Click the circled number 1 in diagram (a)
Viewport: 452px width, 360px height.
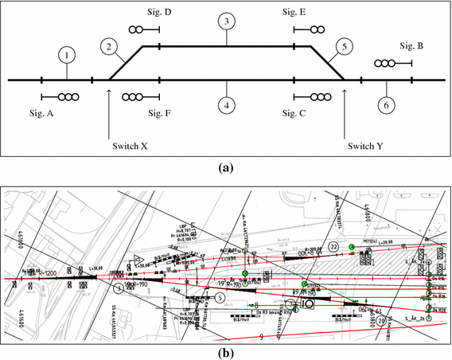(x=68, y=55)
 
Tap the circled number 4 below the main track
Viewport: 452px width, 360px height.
(x=227, y=104)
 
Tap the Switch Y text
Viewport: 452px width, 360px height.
(x=364, y=146)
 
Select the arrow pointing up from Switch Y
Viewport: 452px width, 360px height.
(x=345, y=112)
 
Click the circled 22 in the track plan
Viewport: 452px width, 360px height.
(x=333, y=248)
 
